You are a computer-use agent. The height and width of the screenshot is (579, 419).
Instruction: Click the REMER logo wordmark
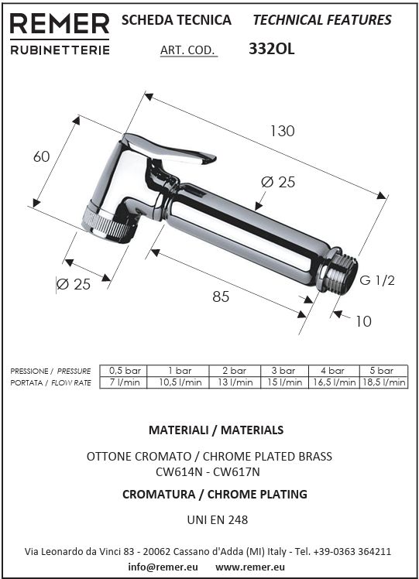(60, 24)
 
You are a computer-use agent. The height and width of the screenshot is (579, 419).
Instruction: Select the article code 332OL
(272, 49)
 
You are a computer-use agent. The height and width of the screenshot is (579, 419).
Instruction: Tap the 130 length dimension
(282, 131)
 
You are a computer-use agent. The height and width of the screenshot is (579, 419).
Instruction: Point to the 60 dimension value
(41, 156)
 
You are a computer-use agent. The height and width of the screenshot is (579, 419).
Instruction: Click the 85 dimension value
(221, 296)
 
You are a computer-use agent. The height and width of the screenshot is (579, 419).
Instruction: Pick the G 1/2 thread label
(377, 280)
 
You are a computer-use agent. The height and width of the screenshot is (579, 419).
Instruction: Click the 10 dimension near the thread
(363, 321)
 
